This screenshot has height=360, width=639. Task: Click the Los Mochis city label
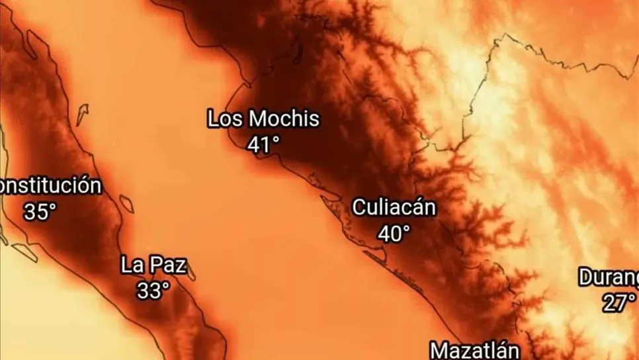[263, 120]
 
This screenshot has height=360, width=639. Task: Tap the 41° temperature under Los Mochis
[263, 144]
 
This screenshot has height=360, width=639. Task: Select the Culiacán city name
[394, 207]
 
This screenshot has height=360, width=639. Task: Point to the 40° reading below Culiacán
[394, 233]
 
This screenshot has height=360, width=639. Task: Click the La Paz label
[153, 266]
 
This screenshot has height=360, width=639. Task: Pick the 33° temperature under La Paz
[153, 290]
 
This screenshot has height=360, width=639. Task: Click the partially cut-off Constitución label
[50, 186]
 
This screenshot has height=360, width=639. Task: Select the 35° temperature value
[40, 212]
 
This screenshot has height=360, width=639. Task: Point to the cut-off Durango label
[609, 277]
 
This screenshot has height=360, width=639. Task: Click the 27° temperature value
[618, 303]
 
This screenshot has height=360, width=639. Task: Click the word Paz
[169, 266]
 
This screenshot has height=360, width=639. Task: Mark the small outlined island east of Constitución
[126, 203]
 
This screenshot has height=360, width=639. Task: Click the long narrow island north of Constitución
[81, 115]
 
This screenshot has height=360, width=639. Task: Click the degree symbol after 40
[407, 228]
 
